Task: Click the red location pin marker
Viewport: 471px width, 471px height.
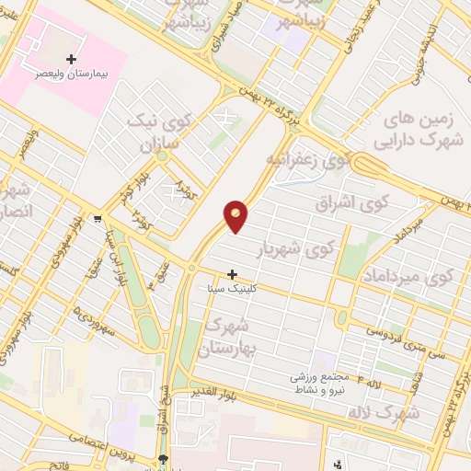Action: click(x=236, y=215)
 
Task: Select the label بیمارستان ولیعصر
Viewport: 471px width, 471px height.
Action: click(x=71, y=73)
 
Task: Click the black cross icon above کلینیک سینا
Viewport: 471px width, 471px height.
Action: click(x=232, y=274)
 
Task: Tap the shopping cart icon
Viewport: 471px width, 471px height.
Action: click(x=98, y=219)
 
